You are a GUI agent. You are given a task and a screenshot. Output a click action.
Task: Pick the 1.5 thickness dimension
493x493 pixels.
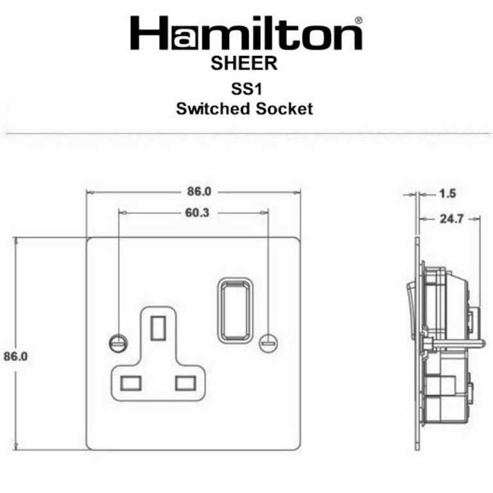coord(447,193)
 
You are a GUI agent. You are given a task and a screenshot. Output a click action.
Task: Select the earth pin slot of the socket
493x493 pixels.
coord(157,328)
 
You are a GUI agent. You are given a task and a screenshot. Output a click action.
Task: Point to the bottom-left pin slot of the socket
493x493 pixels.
coord(131,381)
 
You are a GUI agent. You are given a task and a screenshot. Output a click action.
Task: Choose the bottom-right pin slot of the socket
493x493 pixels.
coord(185,381)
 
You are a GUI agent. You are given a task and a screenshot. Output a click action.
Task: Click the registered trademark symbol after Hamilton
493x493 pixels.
coord(358,21)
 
